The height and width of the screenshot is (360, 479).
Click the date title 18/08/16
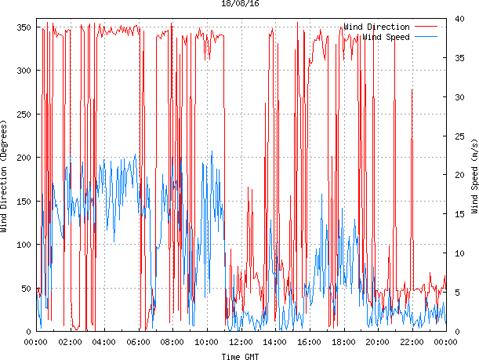[x=240, y=4]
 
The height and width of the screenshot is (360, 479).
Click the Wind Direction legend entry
[x=376, y=27]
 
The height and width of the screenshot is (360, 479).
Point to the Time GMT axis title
[x=240, y=356]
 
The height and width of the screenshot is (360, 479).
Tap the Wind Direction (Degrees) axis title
[x=5, y=177]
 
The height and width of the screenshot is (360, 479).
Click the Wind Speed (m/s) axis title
[x=474, y=177]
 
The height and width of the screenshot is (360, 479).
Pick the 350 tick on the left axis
[x=22, y=27]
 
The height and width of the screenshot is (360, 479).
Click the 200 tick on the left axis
[x=22, y=158]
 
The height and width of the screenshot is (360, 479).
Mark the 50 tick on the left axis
[x=24, y=289]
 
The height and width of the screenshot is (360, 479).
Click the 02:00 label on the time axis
[x=70, y=342]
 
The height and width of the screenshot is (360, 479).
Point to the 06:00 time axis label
[x=138, y=342]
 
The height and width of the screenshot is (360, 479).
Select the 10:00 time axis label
[x=206, y=342]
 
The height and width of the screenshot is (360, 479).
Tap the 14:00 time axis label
[x=275, y=342]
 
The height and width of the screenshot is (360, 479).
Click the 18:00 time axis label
[x=343, y=342]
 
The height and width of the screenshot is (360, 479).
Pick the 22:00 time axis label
[x=412, y=342]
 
